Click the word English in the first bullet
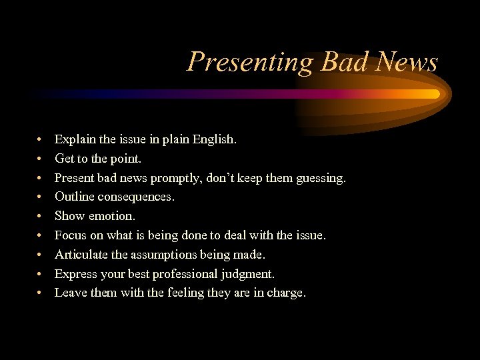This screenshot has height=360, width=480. coord(213,140)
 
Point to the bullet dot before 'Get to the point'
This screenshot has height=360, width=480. coord(41,159)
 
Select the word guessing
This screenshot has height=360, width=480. coord(321,178)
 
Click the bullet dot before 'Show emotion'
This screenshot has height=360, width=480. coord(41,217)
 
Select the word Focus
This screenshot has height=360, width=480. coord(70,235)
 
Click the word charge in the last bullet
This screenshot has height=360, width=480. coord(285,293)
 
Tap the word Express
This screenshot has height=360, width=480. coord(75,274)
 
